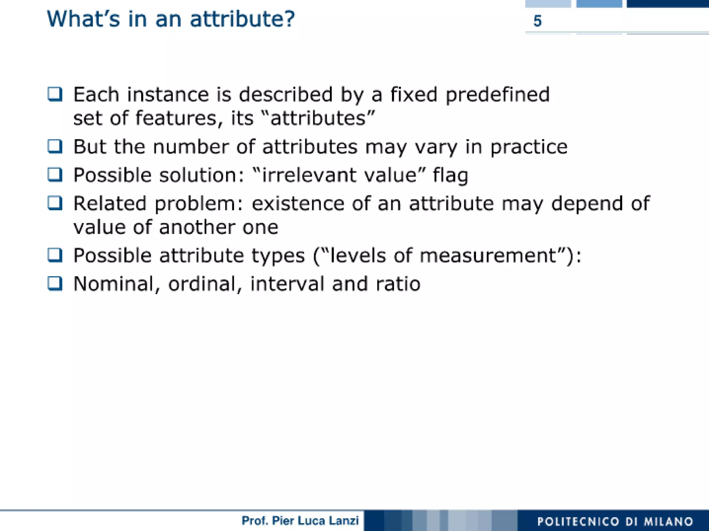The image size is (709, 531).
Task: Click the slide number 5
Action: [x=537, y=21]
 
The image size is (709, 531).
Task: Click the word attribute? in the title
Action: [x=242, y=19]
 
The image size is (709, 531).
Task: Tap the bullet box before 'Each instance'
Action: [x=55, y=94]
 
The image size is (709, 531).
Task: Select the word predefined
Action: [x=497, y=94]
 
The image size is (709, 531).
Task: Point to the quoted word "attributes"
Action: [x=318, y=118]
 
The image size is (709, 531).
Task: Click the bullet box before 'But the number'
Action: [x=55, y=146]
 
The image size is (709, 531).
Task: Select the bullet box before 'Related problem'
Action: [x=55, y=203]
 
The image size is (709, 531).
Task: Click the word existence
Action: [x=298, y=203]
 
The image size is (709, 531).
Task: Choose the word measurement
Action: [x=488, y=256]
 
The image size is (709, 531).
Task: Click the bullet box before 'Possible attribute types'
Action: [x=55, y=255]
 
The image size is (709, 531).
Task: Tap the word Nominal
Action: [x=114, y=284]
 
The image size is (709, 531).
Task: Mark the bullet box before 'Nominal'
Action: [x=55, y=284]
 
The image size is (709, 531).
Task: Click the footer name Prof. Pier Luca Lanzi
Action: [x=300, y=521]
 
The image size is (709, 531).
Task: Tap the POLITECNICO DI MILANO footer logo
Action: [x=615, y=521]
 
